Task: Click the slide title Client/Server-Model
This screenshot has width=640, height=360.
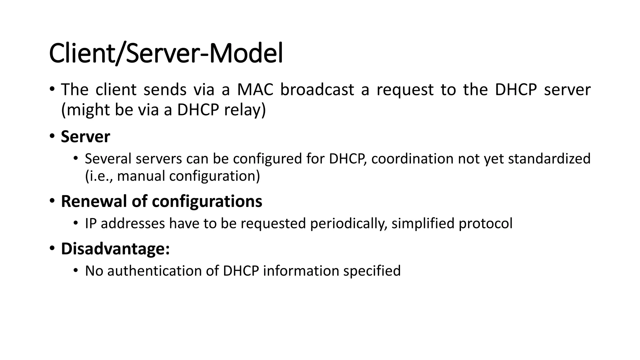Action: pos(166,54)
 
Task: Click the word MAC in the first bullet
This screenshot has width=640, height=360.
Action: pos(255,90)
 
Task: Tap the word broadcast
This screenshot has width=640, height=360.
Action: pos(317,90)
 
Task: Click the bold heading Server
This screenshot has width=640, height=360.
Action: pos(85,137)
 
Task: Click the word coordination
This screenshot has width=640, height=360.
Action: pos(412,159)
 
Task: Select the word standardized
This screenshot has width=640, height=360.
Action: pos(549,159)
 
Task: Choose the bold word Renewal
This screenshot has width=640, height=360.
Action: pos(94,201)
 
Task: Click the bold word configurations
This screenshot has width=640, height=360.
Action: pos(207,201)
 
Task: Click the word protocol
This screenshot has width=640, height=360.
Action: pos(485,224)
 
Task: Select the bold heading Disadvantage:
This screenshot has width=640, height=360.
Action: pos(115,249)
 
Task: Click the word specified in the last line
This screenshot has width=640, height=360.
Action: pos(372,271)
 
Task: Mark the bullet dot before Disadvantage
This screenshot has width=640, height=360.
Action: pos(52,248)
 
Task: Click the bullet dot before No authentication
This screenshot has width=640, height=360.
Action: pos(75,270)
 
